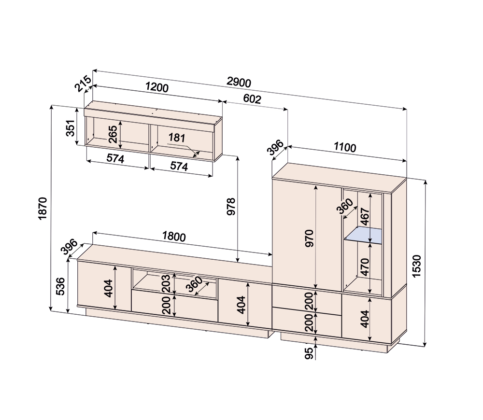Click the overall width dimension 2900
coord(239,82)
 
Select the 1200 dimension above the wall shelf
coord(157,87)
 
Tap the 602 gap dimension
coord(252,98)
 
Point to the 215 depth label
coord(84,84)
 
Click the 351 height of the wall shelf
coord(71,128)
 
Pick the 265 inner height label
coord(113,134)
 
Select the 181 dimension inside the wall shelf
coord(176,138)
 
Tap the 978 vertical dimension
coord(231,206)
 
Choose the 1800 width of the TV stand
coord(174,237)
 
